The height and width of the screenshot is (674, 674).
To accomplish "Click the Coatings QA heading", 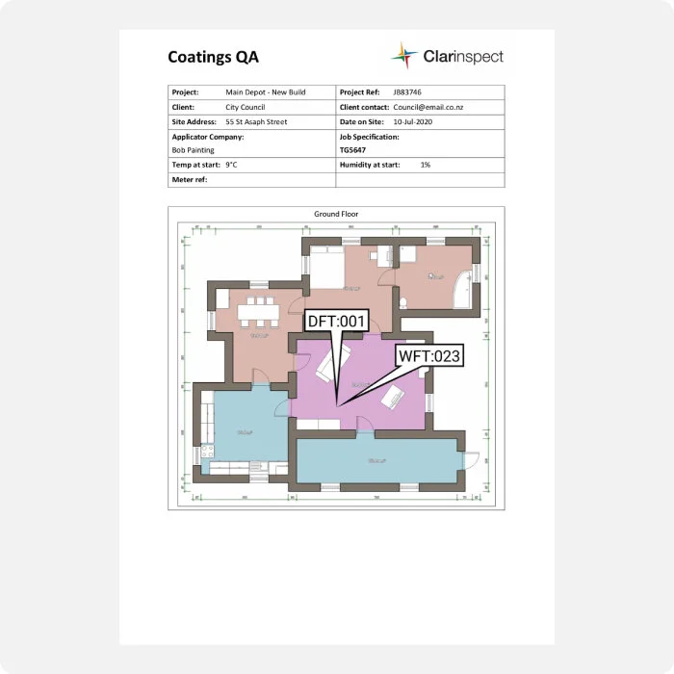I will tap(213, 57).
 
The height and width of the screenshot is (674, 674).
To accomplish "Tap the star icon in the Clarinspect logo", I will tap(404, 56).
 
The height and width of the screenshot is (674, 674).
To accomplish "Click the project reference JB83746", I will tap(408, 91).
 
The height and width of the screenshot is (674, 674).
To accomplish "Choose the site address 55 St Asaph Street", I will tap(256, 122).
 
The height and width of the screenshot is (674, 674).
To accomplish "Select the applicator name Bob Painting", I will tap(194, 150).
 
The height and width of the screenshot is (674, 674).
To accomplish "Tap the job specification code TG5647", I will tap(353, 150).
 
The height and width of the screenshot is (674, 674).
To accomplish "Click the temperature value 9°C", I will tap(231, 166).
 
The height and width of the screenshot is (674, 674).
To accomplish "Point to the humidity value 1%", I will tap(425, 166).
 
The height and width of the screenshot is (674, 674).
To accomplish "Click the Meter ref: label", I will tap(190, 180).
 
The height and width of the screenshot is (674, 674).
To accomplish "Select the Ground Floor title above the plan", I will tap(336, 214).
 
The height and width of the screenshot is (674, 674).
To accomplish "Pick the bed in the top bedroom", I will tap(324, 265).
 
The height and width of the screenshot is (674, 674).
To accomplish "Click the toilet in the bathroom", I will tap(402, 301).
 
